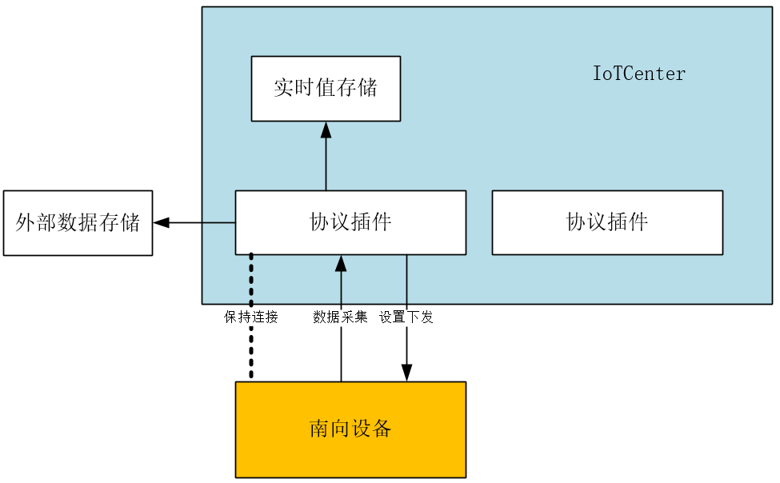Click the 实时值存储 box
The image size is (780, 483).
pos(326,89)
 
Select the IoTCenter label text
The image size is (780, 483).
pos(638,74)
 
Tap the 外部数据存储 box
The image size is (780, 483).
pos(78,223)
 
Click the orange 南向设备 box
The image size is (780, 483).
pos(350,429)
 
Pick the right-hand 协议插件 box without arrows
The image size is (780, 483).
pos(607,222)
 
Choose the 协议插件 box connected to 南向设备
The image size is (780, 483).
pos(350,222)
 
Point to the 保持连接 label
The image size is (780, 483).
pos(251,317)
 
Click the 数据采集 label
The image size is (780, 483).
pos(341,317)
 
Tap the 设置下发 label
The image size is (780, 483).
pos(406,317)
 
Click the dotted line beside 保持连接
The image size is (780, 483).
pos(251,352)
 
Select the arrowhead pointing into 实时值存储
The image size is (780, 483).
pos(326,130)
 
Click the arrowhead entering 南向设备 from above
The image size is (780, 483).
pos(406,373)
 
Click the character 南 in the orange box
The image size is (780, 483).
pos(319,429)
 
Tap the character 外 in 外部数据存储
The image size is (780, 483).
pos(25,223)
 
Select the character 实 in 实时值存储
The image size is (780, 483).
pos(283,89)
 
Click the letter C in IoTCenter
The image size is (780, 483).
pos(629,74)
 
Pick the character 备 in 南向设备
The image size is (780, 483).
pos(382,429)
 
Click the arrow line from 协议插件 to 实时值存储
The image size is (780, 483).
pos(326,164)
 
